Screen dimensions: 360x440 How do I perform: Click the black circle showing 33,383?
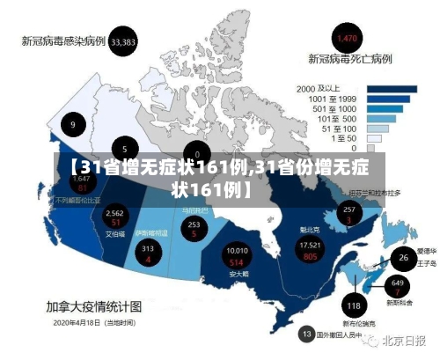tap(124, 41)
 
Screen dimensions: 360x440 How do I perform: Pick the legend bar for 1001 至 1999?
tap(384, 99)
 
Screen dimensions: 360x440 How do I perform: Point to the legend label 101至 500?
tap(336, 118)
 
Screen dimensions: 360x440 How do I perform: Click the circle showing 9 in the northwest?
tap(73, 125)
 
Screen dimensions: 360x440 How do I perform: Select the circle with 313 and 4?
tap(148, 253)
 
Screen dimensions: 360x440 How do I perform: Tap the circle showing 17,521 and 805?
tap(309, 250)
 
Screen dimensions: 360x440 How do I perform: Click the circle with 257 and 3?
tap(349, 214)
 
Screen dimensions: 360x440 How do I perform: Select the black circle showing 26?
tap(403, 258)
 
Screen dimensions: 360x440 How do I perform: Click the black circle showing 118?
tap(354, 305)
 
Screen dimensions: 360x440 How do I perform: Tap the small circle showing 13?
tap(307, 334)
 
